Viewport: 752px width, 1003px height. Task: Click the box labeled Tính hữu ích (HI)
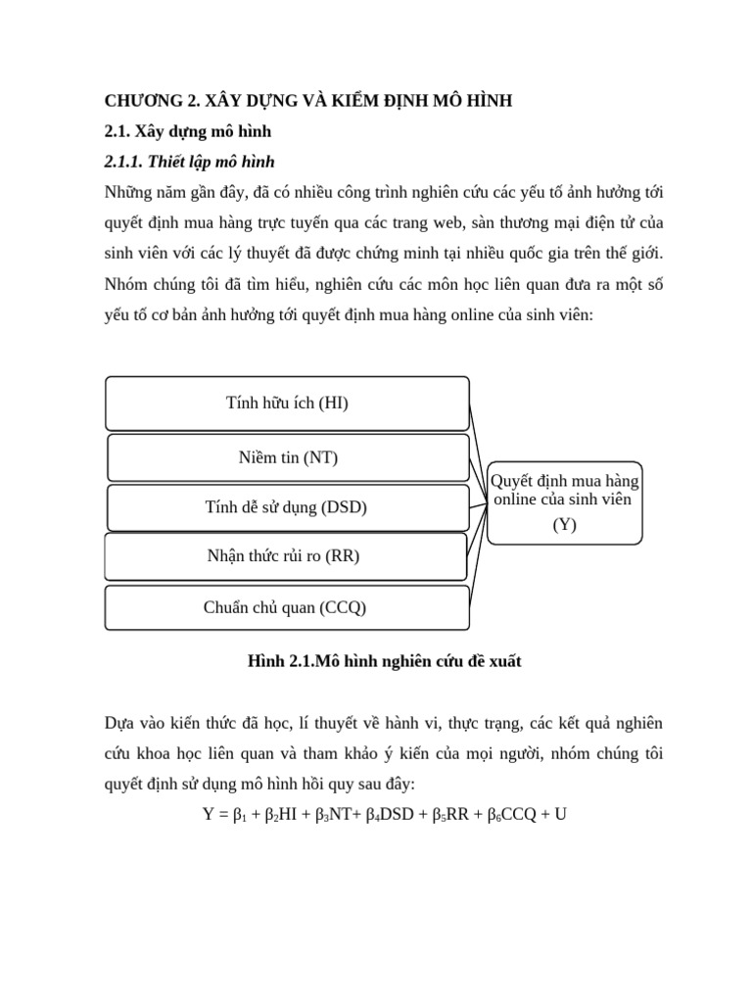(x=287, y=403)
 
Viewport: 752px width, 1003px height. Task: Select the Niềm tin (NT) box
(x=288, y=457)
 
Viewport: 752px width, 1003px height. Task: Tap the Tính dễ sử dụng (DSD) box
(x=286, y=507)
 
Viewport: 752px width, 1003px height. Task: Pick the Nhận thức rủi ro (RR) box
(x=284, y=556)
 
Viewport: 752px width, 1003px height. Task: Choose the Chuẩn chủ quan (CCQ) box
(x=285, y=607)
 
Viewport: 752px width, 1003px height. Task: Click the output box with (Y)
(x=565, y=502)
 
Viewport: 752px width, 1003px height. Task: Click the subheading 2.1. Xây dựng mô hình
(x=187, y=130)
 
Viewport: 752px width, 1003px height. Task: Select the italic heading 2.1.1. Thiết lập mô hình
(x=195, y=161)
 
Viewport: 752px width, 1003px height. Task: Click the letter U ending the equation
(x=560, y=814)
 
